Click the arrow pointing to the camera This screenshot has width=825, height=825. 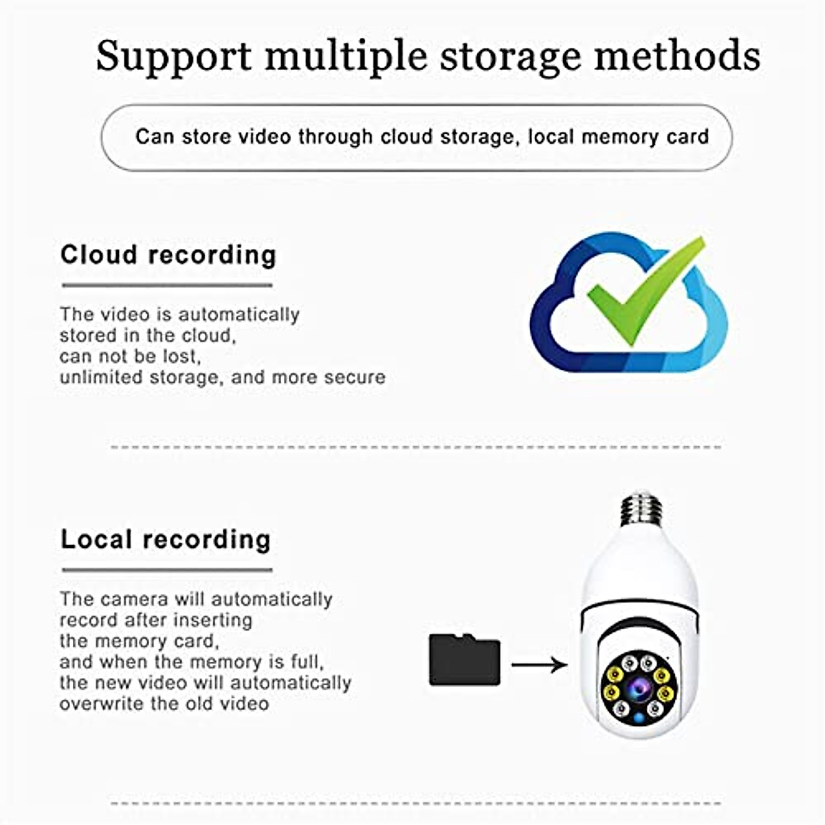coord(540,665)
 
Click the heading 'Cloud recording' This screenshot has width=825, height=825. coord(168,255)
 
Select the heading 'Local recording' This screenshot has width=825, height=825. coord(166,539)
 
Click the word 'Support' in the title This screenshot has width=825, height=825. coord(173,56)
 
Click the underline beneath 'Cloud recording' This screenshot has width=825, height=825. coord(167,285)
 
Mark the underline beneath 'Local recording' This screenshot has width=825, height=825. coord(167,570)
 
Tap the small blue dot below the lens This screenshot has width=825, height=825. coord(639,719)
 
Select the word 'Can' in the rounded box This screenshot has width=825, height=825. coord(155,137)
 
